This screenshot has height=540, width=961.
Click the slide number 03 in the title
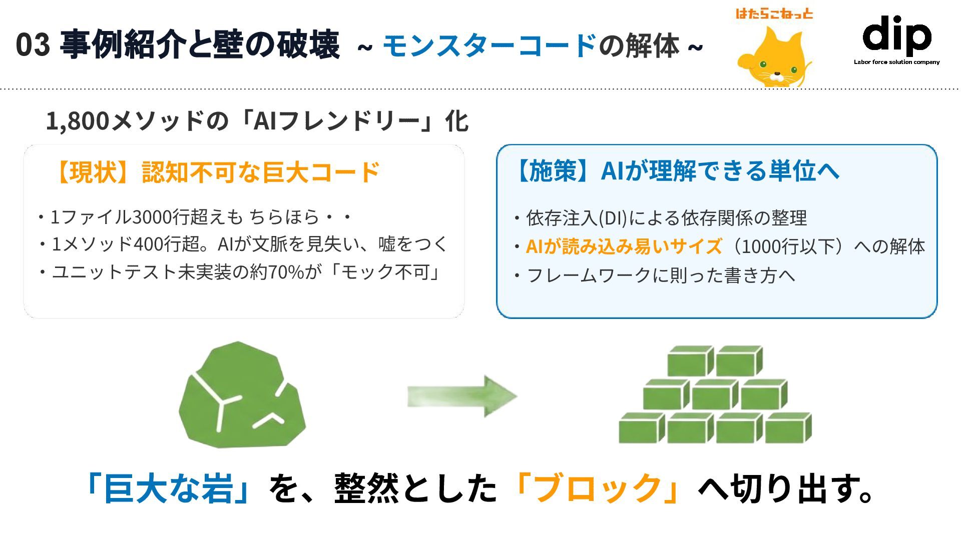(x=33, y=45)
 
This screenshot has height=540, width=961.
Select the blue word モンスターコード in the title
(x=489, y=45)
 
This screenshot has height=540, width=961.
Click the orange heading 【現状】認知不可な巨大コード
(x=216, y=172)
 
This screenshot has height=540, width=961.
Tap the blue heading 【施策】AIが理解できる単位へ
(x=676, y=170)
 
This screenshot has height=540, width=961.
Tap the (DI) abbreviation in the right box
(x=613, y=218)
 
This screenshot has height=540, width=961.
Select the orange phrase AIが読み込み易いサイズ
(x=624, y=246)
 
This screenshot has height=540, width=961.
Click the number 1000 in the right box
(x=762, y=246)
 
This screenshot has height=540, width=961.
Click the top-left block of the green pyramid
(x=690, y=360)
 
